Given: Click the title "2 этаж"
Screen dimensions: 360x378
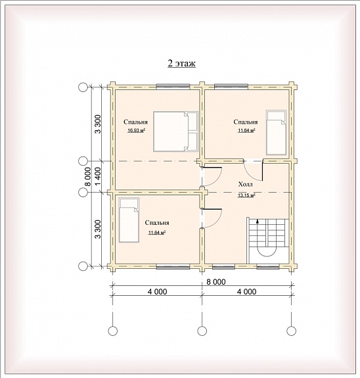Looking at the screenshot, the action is point(181,63).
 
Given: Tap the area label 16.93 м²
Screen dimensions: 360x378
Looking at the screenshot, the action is point(136,131).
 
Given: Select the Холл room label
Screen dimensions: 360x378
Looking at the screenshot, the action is point(246,185).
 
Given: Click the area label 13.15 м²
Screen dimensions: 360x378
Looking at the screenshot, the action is point(246,195).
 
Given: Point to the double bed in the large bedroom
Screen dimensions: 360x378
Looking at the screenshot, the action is point(175,131).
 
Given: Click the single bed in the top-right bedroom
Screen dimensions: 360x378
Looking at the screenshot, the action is point(276,132).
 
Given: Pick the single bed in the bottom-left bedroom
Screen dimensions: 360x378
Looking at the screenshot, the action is point(129,220).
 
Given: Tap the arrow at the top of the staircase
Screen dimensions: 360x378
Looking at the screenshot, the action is point(258,221).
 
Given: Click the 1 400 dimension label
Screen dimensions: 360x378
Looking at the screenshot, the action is point(99,177).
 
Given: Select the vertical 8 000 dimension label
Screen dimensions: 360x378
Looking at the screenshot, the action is point(88,177).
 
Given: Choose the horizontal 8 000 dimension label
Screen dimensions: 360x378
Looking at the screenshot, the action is point(216,281).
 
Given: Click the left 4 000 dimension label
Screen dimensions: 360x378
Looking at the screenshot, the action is point(158,292).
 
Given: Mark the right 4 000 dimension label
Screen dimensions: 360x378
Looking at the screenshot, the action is point(247,292).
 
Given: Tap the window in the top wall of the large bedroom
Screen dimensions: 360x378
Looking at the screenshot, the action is point(173,86).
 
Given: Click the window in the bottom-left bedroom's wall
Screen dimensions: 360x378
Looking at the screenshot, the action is point(173,266).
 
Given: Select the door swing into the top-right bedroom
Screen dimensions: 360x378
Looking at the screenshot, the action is point(253,170).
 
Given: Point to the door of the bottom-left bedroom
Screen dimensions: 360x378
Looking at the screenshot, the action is point(212,218).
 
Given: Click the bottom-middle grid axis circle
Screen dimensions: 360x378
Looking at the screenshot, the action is point(202,331).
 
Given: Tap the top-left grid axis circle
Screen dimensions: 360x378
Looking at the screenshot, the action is point(83,87).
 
